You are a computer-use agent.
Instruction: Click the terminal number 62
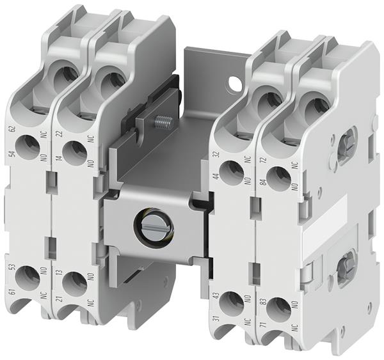tap(12, 129)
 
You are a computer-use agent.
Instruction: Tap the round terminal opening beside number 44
tap(233, 170)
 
